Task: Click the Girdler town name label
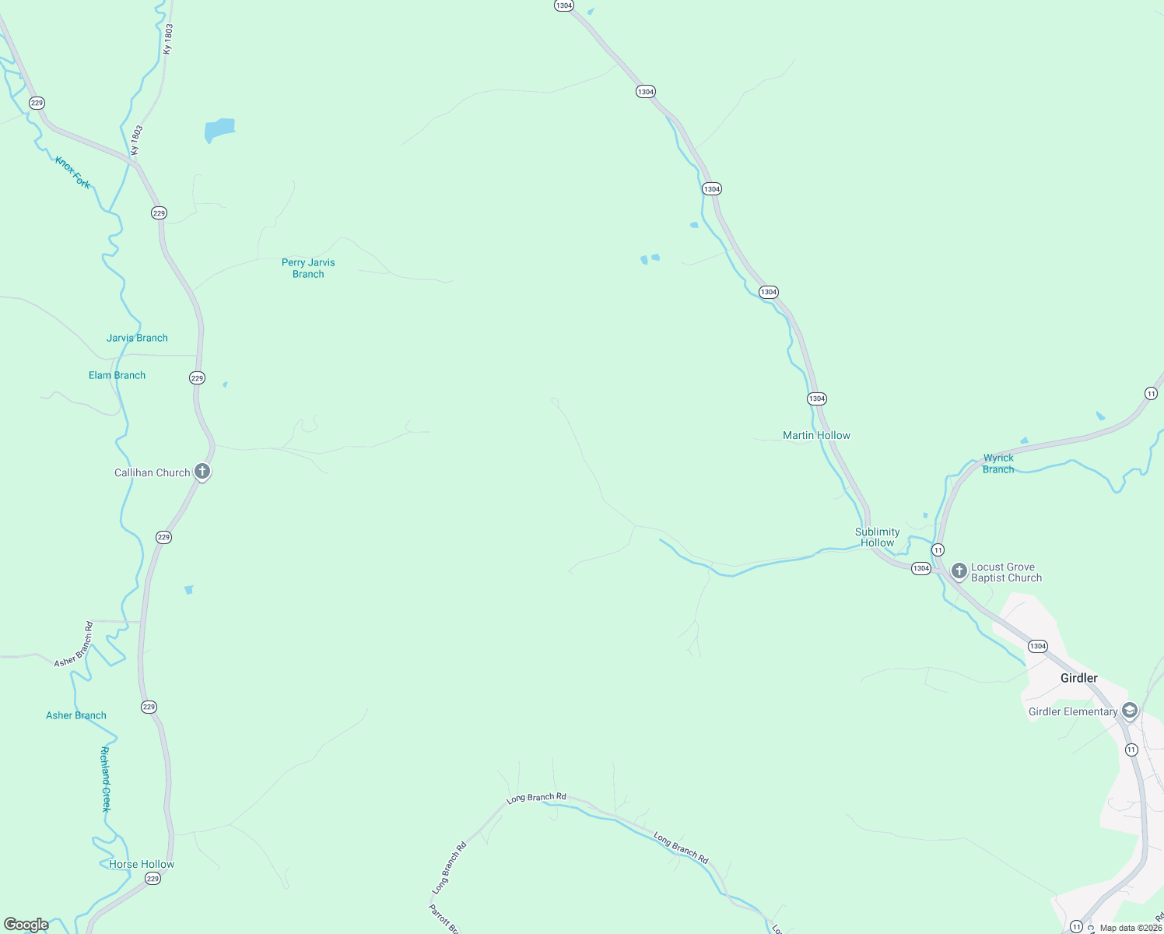point(1078,678)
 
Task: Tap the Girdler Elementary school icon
point(1130,711)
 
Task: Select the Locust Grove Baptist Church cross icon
point(959,571)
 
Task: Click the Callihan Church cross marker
point(202,472)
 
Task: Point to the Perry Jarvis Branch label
point(308,269)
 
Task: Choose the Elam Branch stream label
point(117,375)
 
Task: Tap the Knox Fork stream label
point(72,172)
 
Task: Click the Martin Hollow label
point(816,435)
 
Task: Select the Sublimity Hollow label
point(877,537)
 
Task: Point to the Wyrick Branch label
point(998,464)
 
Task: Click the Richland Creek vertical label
point(106,779)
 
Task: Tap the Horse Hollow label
point(142,864)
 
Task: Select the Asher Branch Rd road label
point(74,644)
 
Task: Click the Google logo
point(26,925)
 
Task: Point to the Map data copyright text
point(1130,928)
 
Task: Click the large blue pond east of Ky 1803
point(219,130)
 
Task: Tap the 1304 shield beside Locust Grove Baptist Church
point(921,568)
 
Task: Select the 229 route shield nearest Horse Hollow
point(153,879)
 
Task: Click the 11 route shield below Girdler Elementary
point(1131,750)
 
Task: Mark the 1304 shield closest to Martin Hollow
point(816,399)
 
